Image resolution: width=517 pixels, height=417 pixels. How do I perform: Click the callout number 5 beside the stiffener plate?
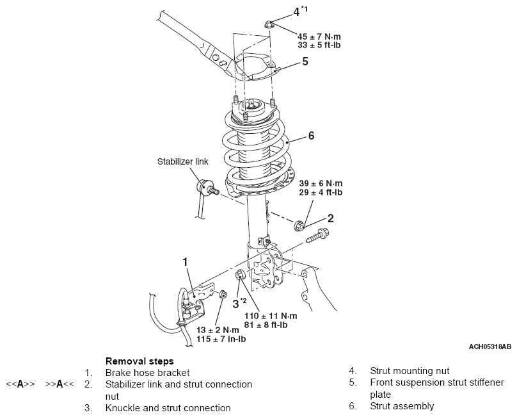coord(305,61)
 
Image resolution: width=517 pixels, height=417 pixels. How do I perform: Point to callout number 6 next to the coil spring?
coord(312,136)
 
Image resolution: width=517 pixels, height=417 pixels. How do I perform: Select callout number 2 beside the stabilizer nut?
coord(330,218)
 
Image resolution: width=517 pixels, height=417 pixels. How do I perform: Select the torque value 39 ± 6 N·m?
coord(321,183)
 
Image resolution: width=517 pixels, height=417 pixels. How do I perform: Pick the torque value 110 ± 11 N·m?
coord(271,316)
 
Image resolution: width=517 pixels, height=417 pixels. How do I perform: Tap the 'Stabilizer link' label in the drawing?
coord(182,162)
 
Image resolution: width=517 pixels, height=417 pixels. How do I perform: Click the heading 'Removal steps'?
coord(139,361)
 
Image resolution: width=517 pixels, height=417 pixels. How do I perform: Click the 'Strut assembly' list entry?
coord(401,405)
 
